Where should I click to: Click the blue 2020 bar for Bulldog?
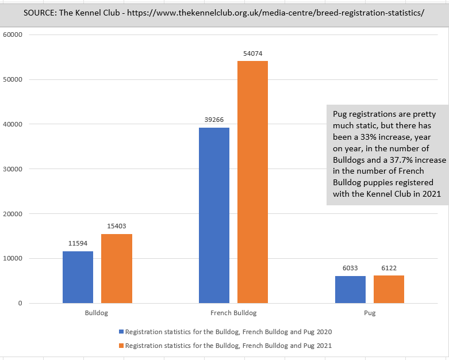click(x=78, y=277)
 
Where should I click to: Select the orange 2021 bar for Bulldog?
click(x=117, y=269)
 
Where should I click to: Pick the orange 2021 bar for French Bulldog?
click(x=253, y=182)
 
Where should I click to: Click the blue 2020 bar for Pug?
click(x=350, y=289)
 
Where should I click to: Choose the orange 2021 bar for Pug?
click(x=389, y=289)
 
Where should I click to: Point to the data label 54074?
click(x=253, y=53)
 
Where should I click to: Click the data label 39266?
click(x=214, y=120)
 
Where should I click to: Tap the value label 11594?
click(x=78, y=244)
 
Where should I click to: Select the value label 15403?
click(x=117, y=227)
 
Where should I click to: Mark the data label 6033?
click(x=350, y=269)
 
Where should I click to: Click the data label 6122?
click(x=389, y=268)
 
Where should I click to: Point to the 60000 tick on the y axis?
click(x=12, y=35)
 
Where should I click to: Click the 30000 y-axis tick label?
click(x=12, y=169)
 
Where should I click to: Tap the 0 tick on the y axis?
click(x=20, y=303)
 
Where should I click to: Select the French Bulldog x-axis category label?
click(x=233, y=313)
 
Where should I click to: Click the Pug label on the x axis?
click(x=370, y=313)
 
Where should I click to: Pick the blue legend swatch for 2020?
click(x=121, y=332)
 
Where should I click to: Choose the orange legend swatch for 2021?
click(x=121, y=346)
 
